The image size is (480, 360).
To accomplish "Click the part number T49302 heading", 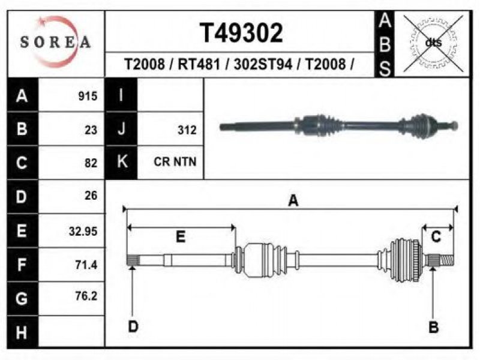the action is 241,33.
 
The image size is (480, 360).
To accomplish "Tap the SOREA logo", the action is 55,41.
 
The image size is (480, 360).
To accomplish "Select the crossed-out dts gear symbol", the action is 433,43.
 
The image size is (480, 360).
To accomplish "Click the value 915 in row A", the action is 88,96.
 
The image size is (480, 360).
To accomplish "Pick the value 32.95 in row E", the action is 83,231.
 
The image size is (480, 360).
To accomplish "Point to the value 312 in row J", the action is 187,130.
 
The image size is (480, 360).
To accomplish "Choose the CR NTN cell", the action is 175,161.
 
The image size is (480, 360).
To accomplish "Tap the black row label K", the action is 121,161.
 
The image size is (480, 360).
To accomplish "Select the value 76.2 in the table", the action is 86,296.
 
